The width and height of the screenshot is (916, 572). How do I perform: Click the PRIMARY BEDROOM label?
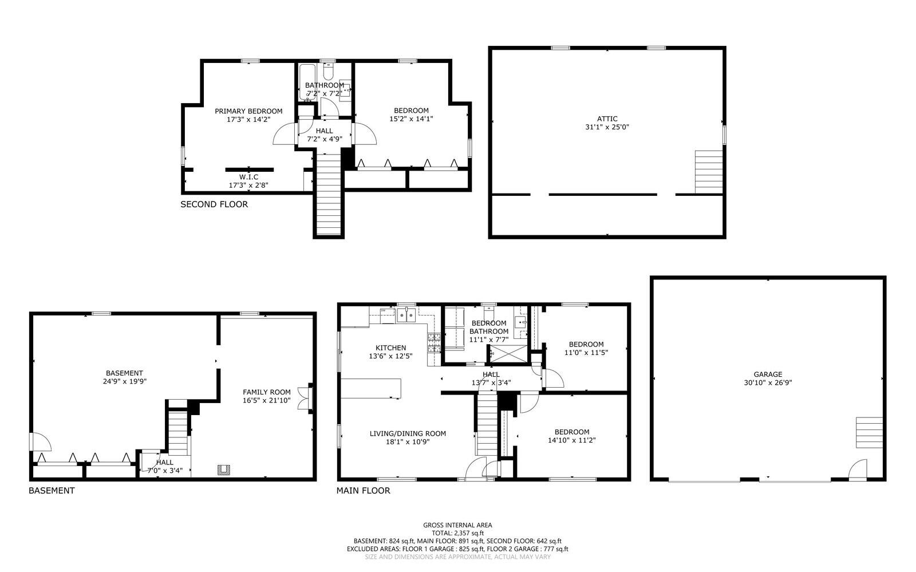coord(248,111)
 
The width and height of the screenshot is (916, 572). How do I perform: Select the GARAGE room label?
coord(768,374)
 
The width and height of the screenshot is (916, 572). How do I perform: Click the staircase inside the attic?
coord(709,171)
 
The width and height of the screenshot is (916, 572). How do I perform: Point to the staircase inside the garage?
coord(869,432)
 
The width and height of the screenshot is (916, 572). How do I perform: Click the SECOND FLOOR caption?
coord(214,204)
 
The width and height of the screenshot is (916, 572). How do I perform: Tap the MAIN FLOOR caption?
coord(363,491)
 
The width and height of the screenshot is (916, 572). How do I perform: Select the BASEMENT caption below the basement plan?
coord(52,491)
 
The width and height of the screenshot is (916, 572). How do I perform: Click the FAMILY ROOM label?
coord(266,392)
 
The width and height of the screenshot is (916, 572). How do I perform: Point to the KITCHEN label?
coord(390,348)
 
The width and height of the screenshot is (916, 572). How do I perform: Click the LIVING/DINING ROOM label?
coord(408,433)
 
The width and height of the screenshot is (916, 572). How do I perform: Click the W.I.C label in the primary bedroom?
coord(248,177)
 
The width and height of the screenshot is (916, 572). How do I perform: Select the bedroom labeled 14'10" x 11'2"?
coord(571,436)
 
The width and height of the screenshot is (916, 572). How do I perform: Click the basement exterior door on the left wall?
coord(40,442)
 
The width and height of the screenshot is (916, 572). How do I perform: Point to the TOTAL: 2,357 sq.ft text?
coord(457,532)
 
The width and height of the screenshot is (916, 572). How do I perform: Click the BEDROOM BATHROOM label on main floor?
coord(488,327)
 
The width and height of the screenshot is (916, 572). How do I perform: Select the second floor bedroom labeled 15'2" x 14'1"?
coord(410,115)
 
